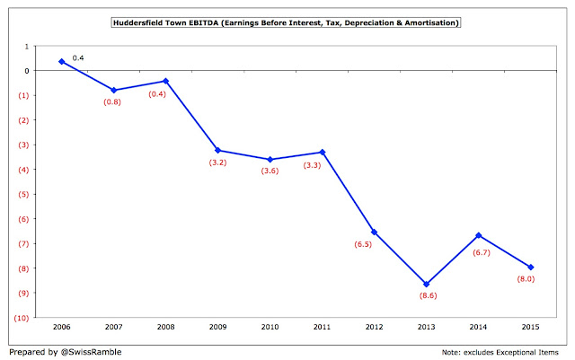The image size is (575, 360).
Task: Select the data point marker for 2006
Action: [x=61, y=61]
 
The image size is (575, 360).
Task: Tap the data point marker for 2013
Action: [x=427, y=284]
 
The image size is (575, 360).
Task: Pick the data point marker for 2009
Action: [x=218, y=150]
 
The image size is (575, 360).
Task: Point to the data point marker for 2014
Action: [x=479, y=235]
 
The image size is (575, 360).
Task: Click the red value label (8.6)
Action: [x=428, y=296]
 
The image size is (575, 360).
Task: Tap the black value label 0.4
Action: [x=78, y=57]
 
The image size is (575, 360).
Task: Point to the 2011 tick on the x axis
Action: [x=323, y=328]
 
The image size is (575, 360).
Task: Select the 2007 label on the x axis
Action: [x=113, y=328]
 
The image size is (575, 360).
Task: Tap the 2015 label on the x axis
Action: [x=531, y=328]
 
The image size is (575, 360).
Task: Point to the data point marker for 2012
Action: [x=375, y=233]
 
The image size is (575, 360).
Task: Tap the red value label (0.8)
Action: [x=113, y=101]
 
